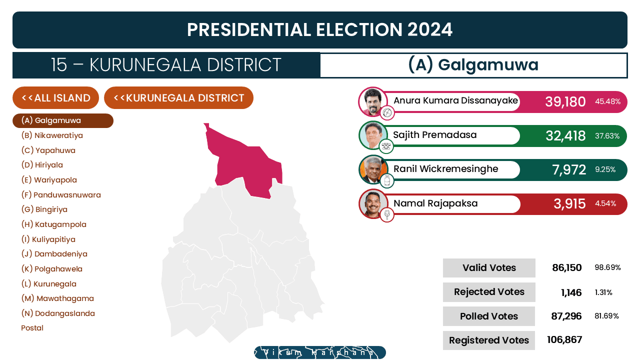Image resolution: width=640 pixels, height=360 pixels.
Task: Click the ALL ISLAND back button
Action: click(55, 97)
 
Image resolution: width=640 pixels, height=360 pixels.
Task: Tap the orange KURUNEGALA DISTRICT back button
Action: click(178, 97)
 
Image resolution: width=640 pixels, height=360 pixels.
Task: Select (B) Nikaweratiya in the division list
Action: click(52, 135)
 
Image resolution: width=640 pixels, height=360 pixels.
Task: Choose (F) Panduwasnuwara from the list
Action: click(61, 195)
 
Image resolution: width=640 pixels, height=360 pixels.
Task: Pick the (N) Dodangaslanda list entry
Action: click(58, 313)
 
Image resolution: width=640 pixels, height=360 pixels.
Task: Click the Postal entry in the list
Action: click(32, 328)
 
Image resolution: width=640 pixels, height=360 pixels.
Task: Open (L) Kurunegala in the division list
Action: click(49, 284)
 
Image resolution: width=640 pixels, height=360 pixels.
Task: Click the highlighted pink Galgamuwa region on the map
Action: click(245, 165)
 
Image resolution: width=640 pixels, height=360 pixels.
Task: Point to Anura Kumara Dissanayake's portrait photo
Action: click(373, 101)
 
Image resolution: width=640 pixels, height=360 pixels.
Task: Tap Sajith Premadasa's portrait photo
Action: click(373, 135)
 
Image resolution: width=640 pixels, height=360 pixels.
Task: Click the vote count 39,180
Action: click(565, 101)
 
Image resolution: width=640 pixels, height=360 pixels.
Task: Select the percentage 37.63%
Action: click(607, 135)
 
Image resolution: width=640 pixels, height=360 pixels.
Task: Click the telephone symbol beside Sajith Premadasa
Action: click(386, 146)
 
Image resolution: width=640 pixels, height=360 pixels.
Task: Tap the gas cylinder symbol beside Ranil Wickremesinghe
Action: click(387, 180)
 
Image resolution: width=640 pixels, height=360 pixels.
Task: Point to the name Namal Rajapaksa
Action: click(435, 203)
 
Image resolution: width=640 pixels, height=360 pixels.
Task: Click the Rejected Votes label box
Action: click(489, 292)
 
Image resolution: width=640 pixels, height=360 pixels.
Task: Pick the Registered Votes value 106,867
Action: click(564, 339)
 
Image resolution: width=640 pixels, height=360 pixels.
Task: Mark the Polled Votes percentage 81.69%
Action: click(606, 316)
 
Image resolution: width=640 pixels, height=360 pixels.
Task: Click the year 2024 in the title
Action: click(429, 29)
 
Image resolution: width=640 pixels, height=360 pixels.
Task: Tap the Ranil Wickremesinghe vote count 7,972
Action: click(569, 169)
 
